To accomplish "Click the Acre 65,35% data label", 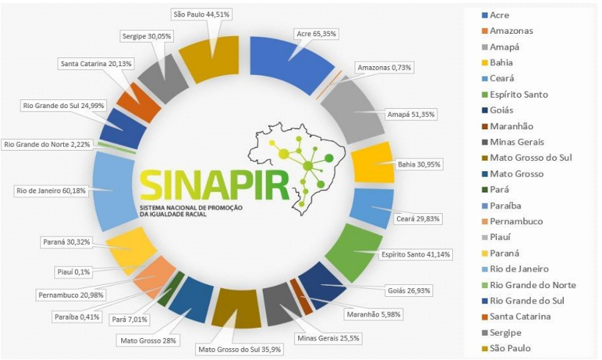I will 314,34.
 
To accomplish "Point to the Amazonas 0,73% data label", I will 385,68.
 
